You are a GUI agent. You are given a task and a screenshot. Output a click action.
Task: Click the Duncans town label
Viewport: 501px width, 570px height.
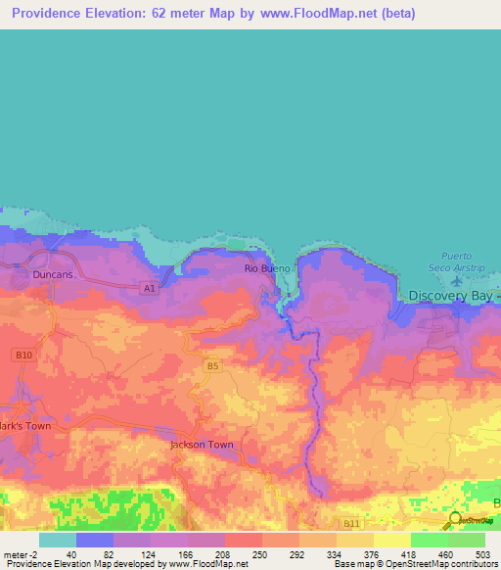(x=52, y=275)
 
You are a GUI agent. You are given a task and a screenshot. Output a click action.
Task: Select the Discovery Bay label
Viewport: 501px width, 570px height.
(x=453, y=296)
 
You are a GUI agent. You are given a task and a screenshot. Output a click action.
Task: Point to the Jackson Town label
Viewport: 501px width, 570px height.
(x=202, y=444)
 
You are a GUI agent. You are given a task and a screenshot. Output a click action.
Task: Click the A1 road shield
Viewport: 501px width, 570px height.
(x=148, y=288)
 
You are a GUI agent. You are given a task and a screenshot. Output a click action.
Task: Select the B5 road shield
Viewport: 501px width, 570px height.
(x=212, y=365)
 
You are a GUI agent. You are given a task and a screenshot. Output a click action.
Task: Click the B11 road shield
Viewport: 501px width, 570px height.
(x=351, y=524)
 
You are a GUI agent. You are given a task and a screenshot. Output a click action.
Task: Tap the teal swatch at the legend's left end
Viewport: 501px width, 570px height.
(x=57, y=540)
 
